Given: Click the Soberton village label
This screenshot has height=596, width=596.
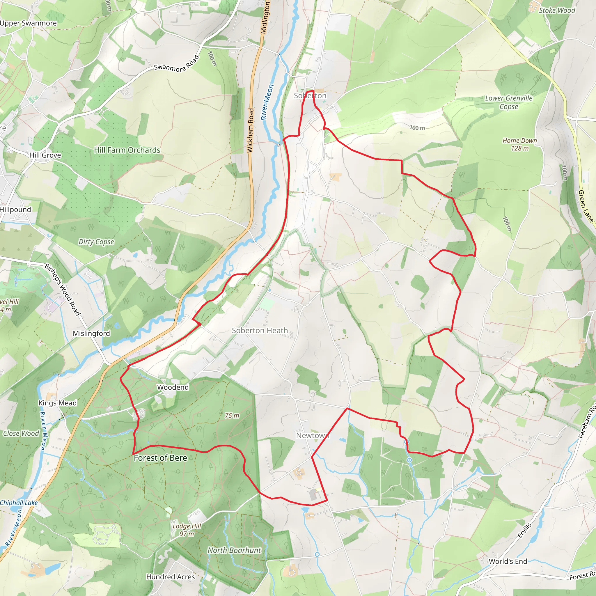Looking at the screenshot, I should coord(310,96).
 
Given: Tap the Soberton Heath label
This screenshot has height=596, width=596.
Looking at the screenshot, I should coord(260,330).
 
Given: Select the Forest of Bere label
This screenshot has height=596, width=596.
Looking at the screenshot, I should coord(160,458).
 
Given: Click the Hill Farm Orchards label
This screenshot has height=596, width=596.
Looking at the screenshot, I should coord(127,150).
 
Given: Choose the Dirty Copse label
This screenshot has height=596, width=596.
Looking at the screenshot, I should coord(96,242).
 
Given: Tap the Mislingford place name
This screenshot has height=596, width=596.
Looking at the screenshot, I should coord(91,333).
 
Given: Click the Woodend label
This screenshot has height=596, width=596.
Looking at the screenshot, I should coord(173,387).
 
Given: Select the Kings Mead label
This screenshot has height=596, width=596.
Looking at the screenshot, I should coord(57,403).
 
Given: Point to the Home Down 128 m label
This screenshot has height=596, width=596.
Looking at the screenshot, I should coord(519,144).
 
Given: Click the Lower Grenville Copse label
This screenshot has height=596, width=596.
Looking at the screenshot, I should coord(509,102).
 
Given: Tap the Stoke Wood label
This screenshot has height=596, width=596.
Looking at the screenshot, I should coord(557,10).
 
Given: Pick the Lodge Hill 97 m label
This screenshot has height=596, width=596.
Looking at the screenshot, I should coord(187,530).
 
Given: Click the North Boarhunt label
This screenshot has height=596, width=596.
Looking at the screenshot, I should coord(234,550).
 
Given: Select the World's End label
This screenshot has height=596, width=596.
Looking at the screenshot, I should coord(508,561).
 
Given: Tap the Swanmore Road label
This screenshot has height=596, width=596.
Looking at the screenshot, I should coord(176,64).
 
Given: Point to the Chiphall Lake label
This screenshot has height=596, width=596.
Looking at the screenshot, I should coord(19,503).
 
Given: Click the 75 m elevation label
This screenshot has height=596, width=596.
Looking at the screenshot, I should coord(232,416).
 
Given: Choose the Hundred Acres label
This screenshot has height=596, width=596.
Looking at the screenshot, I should coord(170,577).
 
